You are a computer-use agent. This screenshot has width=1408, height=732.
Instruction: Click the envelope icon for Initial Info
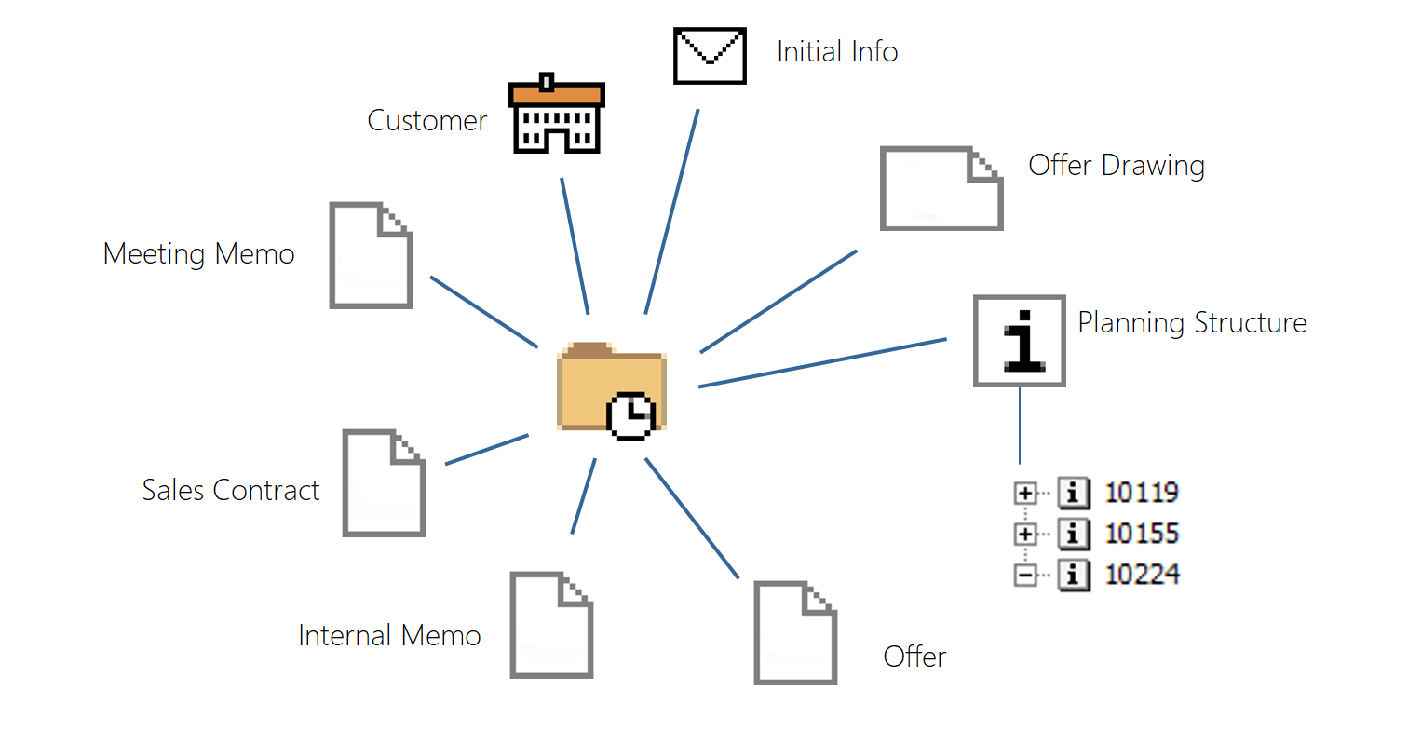pyautogui.click(x=710, y=56)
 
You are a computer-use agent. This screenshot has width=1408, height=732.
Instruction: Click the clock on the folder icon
pyautogui.click(x=631, y=415)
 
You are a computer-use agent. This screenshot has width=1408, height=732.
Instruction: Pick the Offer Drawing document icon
pyautogui.click(x=941, y=188)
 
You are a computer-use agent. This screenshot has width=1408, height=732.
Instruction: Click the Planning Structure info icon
pyautogui.click(x=1019, y=341)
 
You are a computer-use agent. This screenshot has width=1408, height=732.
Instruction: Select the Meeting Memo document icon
pyautogui.click(x=371, y=255)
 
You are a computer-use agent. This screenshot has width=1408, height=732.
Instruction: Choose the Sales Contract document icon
pyautogui.click(x=384, y=482)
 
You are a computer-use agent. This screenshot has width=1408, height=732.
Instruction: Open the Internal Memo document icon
pyautogui.click(x=551, y=625)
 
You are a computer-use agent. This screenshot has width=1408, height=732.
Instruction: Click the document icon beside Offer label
pyautogui.click(x=795, y=633)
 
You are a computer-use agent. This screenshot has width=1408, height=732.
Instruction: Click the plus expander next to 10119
pyautogui.click(x=1025, y=493)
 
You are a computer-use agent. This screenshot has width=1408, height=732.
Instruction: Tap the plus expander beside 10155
pyautogui.click(x=1025, y=534)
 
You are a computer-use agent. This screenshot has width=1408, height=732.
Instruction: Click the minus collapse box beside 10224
pyautogui.click(x=1025, y=576)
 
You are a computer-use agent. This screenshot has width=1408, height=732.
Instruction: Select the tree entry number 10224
pyautogui.click(x=1142, y=575)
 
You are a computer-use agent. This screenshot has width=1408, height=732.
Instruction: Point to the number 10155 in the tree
pyautogui.click(x=1142, y=534)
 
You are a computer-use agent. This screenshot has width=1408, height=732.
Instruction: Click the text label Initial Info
pyautogui.click(x=837, y=51)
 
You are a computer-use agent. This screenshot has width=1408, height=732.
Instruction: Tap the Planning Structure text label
pyautogui.click(x=1192, y=323)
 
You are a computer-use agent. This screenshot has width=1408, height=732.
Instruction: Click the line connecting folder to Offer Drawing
pyautogui.click(x=778, y=302)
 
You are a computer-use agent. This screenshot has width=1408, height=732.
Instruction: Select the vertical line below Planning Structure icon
pyautogui.click(x=1020, y=425)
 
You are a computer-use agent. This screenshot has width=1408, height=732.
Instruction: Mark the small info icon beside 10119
pyautogui.click(x=1074, y=493)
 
